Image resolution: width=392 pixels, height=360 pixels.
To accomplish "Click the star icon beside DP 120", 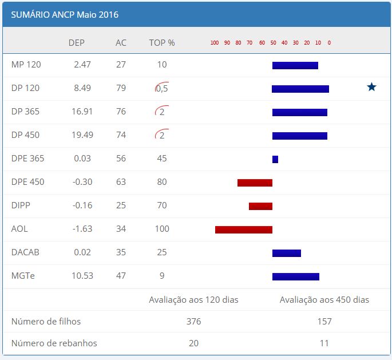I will [371, 87].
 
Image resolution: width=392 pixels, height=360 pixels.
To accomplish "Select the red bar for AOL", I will [243, 230].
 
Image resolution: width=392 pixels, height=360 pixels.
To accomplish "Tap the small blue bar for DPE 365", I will [275, 159].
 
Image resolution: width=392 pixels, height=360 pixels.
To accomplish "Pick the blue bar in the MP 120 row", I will [295, 65].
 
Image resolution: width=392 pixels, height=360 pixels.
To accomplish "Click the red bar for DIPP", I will [260, 206].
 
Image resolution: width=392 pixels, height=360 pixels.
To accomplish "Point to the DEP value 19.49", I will [82, 135].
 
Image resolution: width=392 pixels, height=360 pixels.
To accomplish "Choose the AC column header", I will [121, 42].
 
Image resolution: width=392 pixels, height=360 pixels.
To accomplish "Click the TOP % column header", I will [162, 42].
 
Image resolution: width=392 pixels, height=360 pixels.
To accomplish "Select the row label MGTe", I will [23, 276].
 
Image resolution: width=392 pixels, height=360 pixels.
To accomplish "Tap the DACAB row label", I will [25, 252].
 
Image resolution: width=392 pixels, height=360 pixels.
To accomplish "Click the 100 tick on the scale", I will [215, 43].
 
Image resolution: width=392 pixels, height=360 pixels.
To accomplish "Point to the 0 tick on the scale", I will [329, 43].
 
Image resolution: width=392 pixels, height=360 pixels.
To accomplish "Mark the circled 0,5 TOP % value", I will [162, 89].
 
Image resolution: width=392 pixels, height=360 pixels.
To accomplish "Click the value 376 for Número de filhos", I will [193, 322].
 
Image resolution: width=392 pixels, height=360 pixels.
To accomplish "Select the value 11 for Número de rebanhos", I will [324, 343].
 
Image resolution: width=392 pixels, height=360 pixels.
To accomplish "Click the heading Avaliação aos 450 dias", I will [324, 299].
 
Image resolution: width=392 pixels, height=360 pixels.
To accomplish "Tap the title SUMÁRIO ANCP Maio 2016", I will [65, 15].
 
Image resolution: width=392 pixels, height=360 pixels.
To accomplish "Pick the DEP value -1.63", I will [82, 229].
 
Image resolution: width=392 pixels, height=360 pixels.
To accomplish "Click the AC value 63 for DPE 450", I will [121, 182].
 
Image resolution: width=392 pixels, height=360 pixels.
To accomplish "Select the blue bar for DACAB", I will [286, 253].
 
